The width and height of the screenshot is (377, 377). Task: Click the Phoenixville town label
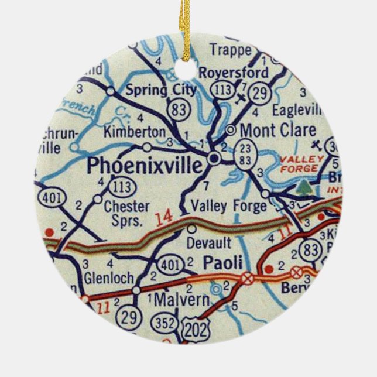click(146, 166)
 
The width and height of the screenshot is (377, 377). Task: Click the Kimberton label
click(135, 132)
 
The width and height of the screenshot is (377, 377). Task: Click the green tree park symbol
click(303, 188)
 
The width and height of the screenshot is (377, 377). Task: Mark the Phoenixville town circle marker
click(214, 158)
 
